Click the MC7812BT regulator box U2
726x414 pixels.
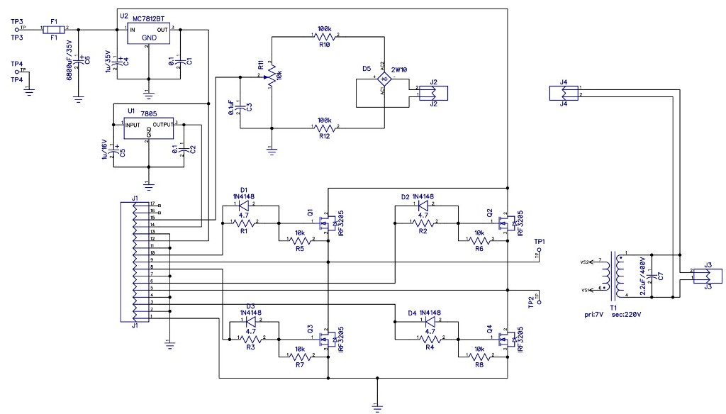149,34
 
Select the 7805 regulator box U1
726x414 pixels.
149,128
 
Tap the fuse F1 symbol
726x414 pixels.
50,30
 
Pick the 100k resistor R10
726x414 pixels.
325,36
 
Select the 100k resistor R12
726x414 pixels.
325,128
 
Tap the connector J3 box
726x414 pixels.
709,275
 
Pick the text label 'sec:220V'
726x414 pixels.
627,313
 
